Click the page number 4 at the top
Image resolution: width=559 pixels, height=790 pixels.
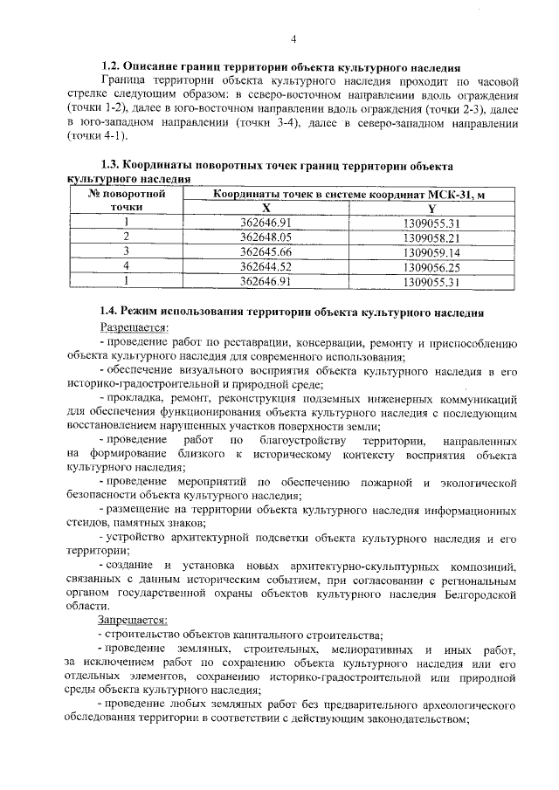pyautogui.click(x=294, y=39)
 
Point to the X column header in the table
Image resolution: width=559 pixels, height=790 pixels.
pyautogui.click(x=266, y=208)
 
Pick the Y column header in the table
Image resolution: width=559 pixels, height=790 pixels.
pyautogui.click(x=431, y=208)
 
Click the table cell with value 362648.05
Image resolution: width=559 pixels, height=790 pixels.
pyautogui.click(x=266, y=237)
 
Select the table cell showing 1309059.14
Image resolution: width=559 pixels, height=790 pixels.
pyautogui.click(x=431, y=251)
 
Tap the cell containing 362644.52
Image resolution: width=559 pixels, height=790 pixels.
pyautogui.click(x=266, y=265)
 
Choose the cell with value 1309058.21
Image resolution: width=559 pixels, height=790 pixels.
pyautogui.click(x=431, y=237)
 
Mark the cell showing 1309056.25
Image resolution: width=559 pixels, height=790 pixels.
pyautogui.click(x=431, y=265)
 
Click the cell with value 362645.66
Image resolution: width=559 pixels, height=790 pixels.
pyautogui.click(x=266, y=251)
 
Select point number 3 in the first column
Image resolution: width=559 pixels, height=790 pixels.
pyautogui.click(x=127, y=251)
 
